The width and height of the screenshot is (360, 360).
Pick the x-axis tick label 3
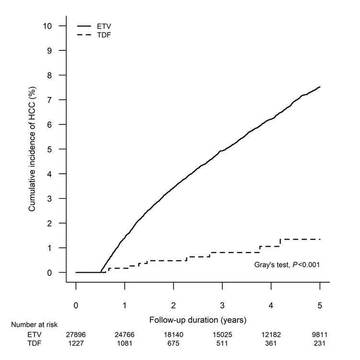point(222,305)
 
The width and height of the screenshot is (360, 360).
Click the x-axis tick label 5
point(320,305)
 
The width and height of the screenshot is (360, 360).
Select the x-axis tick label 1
point(125,305)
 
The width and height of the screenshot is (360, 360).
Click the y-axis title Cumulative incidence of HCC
point(32,149)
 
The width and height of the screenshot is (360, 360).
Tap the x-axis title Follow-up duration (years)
point(198,319)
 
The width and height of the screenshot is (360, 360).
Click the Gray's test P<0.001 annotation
point(287,264)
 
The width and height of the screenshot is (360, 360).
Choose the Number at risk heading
point(34,325)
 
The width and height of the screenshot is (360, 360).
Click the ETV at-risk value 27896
point(76,334)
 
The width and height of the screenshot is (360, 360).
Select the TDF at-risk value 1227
point(76,343)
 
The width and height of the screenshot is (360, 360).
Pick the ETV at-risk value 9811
point(320,334)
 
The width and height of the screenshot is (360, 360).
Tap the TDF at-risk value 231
point(320,343)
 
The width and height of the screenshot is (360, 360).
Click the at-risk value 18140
point(174,334)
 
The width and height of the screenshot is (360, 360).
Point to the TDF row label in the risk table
point(35,343)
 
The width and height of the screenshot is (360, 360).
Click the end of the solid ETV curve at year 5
point(320,87)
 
